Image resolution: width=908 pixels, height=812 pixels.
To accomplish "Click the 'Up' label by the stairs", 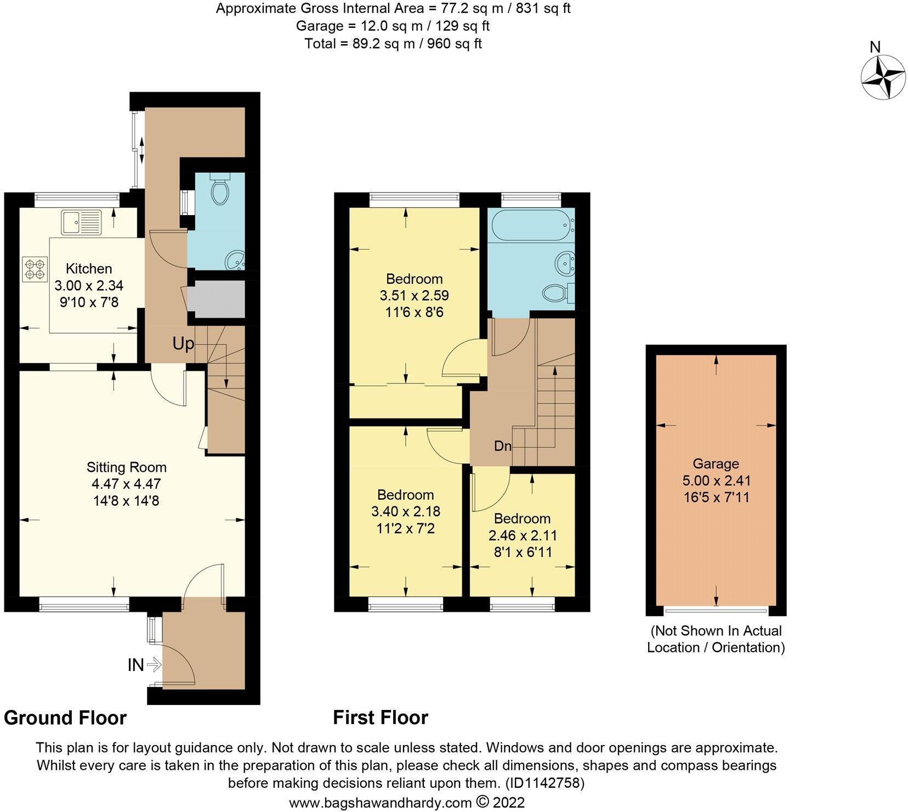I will click(x=183, y=344).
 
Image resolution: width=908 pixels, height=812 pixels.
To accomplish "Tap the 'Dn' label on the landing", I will click(x=502, y=446).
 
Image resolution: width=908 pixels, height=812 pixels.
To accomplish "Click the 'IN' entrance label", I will click(x=135, y=665).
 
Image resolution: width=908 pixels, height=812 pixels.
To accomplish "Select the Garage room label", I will click(x=716, y=464).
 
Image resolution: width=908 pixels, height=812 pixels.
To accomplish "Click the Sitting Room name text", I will click(x=127, y=467).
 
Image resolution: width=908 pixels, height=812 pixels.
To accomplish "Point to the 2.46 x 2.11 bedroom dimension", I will click(x=523, y=535).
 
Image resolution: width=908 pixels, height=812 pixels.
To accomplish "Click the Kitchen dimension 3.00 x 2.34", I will click(x=89, y=285).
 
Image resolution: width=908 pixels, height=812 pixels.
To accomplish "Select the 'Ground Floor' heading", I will click(x=65, y=718).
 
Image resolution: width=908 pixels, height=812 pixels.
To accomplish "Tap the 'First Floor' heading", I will click(x=381, y=718).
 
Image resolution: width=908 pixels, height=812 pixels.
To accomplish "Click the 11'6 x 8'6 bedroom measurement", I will click(x=414, y=312).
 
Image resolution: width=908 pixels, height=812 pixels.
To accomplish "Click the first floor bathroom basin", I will click(x=563, y=263).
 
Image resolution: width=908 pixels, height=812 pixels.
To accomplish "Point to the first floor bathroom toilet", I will click(x=557, y=292).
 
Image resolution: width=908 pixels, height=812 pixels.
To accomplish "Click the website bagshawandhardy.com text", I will click(x=381, y=803).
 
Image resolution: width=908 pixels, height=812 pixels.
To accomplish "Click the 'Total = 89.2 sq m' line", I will click(x=393, y=43).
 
